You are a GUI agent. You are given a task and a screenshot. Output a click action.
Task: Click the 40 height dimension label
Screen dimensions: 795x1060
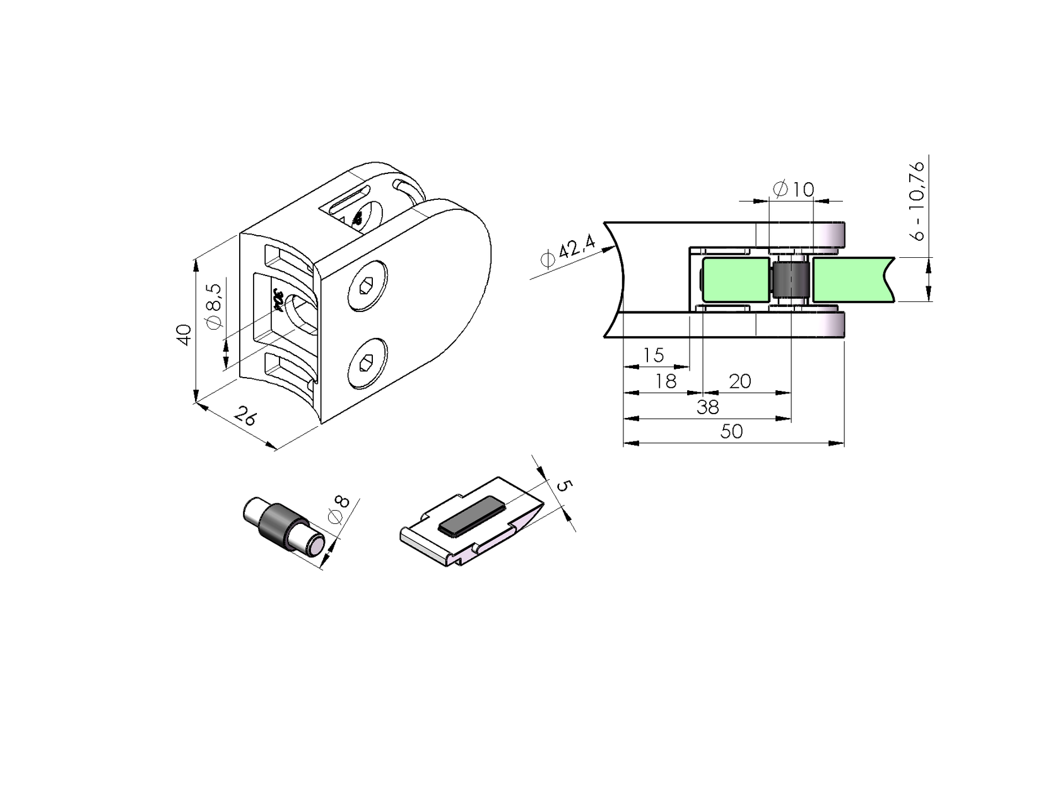[x=184, y=334]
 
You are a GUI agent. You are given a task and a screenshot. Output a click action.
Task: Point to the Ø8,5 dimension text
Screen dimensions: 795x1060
[x=215, y=305]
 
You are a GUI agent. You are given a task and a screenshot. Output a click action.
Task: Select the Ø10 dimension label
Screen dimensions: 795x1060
[x=793, y=189]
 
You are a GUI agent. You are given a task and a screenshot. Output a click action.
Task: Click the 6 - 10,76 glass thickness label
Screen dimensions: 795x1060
[x=917, y=200]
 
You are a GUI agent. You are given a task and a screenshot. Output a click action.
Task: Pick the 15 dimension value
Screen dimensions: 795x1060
[x=653, y=355]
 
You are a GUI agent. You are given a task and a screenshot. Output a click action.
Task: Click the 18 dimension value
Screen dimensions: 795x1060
[x=665, y=381]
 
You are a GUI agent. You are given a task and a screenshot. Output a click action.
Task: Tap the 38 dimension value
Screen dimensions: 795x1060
[x=707, y=407]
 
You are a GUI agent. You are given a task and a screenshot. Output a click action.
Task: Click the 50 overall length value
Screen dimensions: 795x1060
[x=731, y=432]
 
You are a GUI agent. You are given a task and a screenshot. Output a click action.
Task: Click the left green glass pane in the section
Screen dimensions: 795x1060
[x=735, y=279]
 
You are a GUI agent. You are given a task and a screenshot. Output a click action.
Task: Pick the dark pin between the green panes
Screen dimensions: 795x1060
[x=791, y=280]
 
